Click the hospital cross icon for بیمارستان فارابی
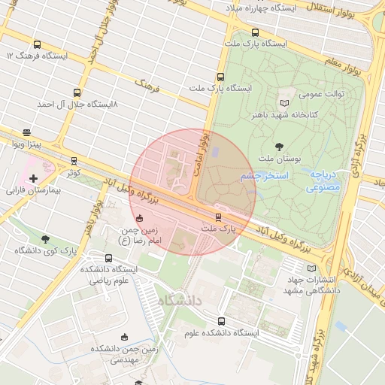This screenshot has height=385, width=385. (32, 178)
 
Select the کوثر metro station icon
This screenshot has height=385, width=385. (74, 160)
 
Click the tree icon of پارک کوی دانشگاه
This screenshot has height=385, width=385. (45, 239)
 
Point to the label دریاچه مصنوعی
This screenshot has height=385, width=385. (325, 180)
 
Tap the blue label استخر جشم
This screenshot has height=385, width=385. (258, 176)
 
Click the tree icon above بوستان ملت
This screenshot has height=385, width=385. (280, 147)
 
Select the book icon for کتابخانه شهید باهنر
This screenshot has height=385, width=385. (283, 102)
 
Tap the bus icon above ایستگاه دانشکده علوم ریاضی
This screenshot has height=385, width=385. (109, 258)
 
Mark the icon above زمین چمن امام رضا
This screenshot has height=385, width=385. (139, 218)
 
